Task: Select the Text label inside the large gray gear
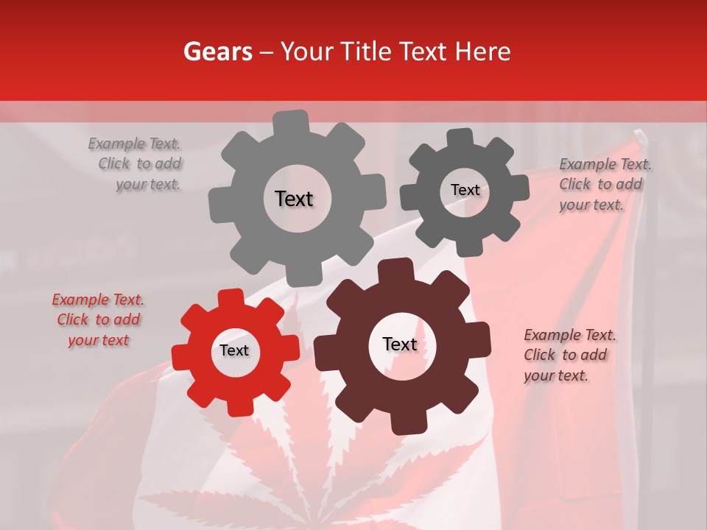tap(294, 199)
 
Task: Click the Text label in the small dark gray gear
tap(465, 190)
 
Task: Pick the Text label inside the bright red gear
tap(234, 351)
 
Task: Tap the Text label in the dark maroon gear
tap(400, 344)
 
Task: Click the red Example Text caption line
tap(98, 300)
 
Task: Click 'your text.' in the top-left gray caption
tap(148, 185)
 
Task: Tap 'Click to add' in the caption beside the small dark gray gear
tap(600, 185)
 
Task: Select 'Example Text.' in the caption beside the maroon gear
tap(570, 335)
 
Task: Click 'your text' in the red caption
tap(98, 340)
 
